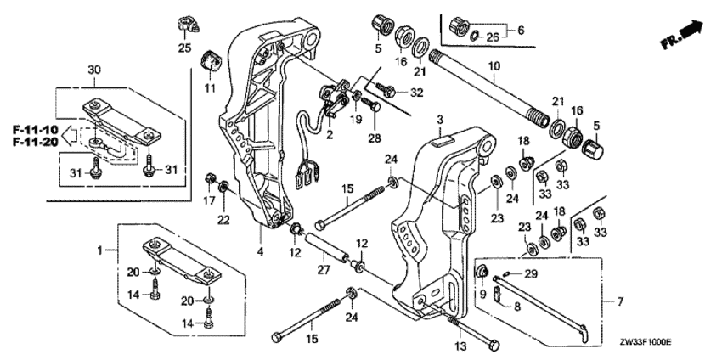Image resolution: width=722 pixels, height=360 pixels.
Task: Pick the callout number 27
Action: point(321,272)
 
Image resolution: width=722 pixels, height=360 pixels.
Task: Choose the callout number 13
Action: point(460,347)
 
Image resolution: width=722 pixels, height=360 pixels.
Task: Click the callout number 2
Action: point(330,134)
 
